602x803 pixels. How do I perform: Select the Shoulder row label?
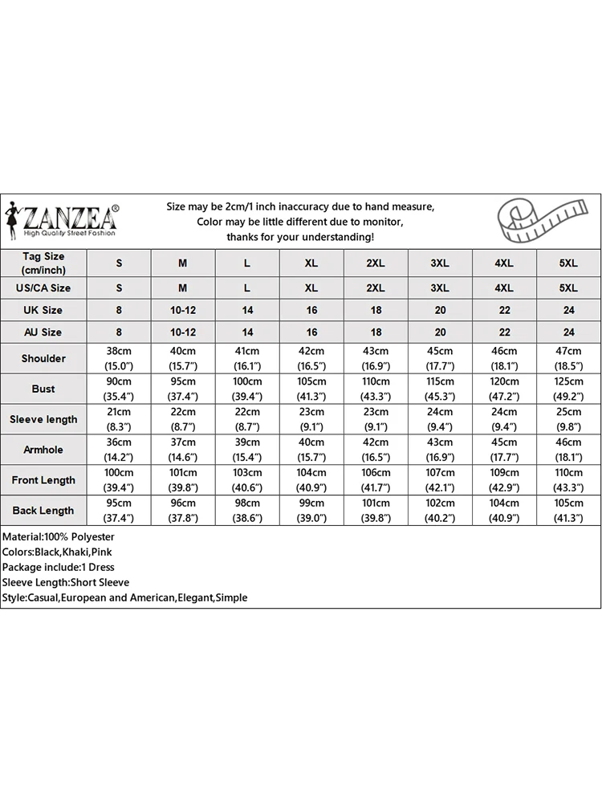[43, 358]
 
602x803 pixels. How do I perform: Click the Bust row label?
[43, 389]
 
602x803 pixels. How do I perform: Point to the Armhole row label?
[43, 450]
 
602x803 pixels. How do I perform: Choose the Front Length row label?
[43, 480]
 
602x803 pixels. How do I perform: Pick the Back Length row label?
[43, 511]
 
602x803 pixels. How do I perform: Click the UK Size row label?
[43, 310]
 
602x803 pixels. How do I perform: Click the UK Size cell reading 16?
[311, 310]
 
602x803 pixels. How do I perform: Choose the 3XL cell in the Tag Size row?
[440, 263]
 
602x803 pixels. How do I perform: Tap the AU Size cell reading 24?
[568, 332]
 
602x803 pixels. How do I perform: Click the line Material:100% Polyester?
[59, 536]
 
